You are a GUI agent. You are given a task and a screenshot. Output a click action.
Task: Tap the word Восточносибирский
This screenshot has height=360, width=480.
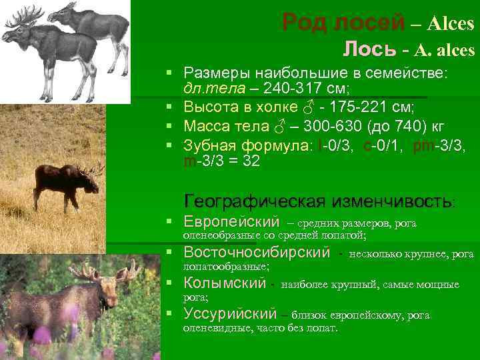[x=256, y=253]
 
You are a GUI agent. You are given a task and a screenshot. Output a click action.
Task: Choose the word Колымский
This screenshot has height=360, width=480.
[x=225, y=283]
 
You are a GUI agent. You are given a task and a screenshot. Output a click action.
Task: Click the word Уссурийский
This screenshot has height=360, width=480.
[x=230, y=313]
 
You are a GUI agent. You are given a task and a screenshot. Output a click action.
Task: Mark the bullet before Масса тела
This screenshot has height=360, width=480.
[x=170, y=125]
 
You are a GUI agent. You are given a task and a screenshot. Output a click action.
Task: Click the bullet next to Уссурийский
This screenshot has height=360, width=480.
[x=170, y=313]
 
